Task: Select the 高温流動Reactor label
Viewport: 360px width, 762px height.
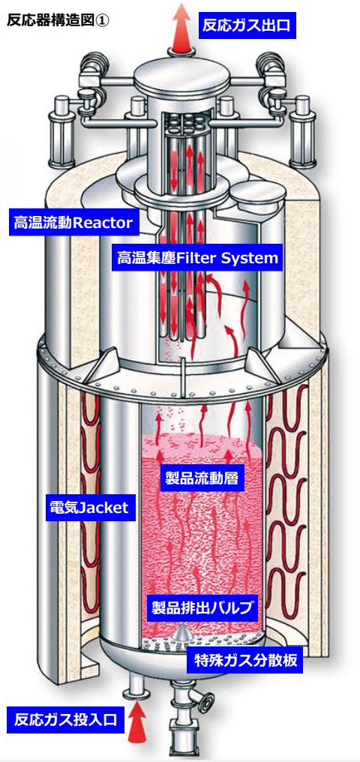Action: (73, 223)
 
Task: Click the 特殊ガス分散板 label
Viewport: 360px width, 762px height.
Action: (245, 661)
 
